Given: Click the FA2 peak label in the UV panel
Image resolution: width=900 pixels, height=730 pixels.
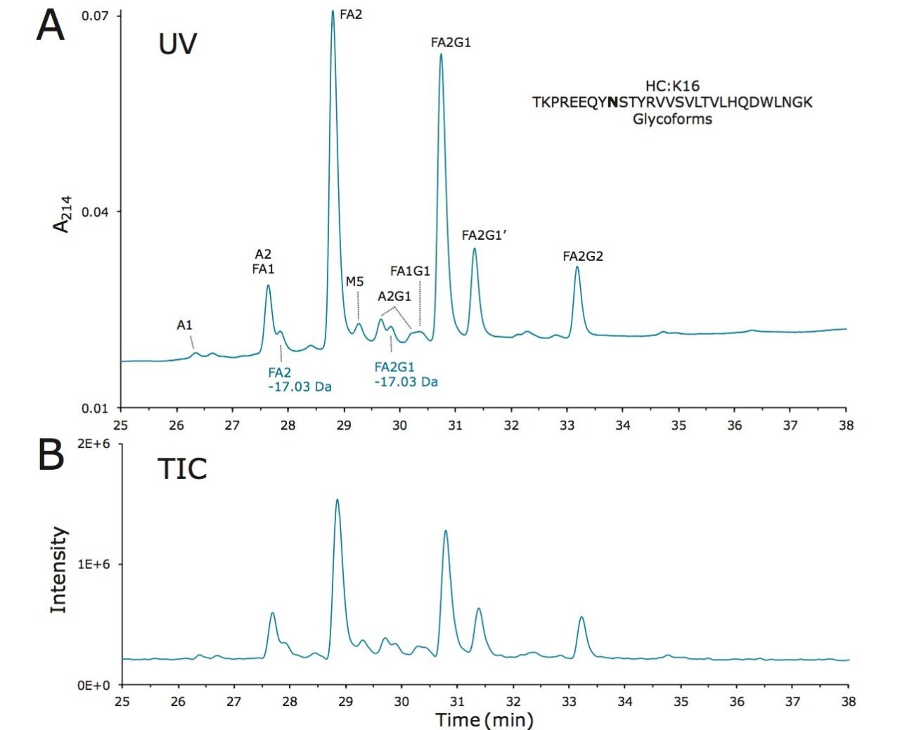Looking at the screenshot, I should click(351, 14).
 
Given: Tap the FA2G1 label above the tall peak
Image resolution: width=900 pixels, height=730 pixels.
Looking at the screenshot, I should click(451, 43).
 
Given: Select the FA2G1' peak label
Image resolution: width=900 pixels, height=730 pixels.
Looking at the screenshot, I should click(484, 236).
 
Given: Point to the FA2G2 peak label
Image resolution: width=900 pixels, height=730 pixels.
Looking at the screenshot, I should click(583, 257).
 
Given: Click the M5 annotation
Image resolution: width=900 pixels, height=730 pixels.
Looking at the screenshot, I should click(354, 282).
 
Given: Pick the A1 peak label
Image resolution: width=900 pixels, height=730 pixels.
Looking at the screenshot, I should click(184, 326).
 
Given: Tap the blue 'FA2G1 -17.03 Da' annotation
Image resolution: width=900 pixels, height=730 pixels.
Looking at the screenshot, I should click(406, 374).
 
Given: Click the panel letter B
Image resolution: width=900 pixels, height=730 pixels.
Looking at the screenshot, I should click(50, 455).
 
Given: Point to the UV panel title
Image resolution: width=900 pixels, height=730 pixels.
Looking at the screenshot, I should click(177, 44).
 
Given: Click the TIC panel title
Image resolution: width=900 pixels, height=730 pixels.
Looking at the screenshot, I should click(182, 469).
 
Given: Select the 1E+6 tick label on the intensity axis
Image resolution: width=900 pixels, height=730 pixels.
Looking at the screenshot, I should click(95, 564).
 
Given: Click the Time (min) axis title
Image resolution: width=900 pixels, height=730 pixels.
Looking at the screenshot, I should click(484, 719).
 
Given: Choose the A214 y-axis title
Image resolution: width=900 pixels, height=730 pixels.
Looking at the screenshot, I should click(62, 214).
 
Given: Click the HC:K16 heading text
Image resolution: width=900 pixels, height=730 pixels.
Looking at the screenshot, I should click(672, 86).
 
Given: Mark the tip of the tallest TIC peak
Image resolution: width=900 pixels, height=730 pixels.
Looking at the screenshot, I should click(337, 500).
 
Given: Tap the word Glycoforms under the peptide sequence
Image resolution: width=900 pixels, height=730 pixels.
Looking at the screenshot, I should click(672, 119).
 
